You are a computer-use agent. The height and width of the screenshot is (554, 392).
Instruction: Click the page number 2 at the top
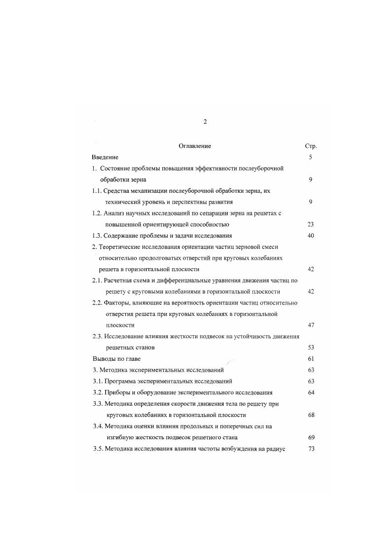coord(205,122)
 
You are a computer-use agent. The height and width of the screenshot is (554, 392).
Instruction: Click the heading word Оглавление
coord(195,146)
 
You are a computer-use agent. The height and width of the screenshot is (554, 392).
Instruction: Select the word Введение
coord(105,157)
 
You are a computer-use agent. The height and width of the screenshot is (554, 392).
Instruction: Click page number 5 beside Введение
coord(311,157)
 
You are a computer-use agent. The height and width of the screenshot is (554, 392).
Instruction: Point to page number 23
coord(311,224)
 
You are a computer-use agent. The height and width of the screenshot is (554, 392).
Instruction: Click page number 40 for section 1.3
coord(311,236)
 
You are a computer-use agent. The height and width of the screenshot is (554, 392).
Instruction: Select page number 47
coord(311,325)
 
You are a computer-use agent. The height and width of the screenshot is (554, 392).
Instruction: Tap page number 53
coord(311,347)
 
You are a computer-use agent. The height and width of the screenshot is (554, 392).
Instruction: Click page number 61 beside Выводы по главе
coord(311,359)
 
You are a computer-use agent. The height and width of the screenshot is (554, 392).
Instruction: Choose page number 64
coord(311,392)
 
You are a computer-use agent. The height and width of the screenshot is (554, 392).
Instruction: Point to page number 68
coord(311,415)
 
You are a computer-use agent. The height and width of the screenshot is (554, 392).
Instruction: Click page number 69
coord(311,437)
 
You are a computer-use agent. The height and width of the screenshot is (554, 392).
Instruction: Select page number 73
coord(311,449)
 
